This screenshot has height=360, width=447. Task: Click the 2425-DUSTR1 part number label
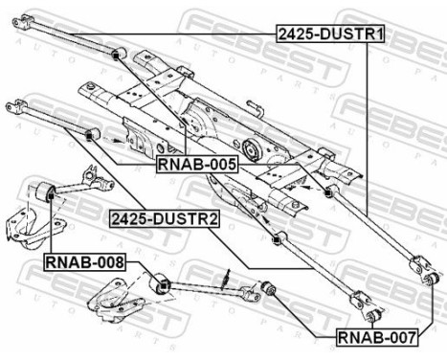point(330,34)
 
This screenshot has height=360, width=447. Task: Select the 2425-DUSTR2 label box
point(165,218)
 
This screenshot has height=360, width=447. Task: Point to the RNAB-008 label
point(83,260)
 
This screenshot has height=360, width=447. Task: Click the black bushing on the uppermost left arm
point(115,56)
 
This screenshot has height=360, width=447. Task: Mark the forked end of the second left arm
point(11,102)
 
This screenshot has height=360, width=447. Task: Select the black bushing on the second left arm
point(93,132)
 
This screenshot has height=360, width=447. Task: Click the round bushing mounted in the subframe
point(252,151)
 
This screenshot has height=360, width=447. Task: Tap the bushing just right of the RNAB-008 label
point(161,282)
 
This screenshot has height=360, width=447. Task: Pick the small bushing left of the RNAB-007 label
point(270,287)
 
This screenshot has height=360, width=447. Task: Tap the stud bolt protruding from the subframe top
point(254,102)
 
